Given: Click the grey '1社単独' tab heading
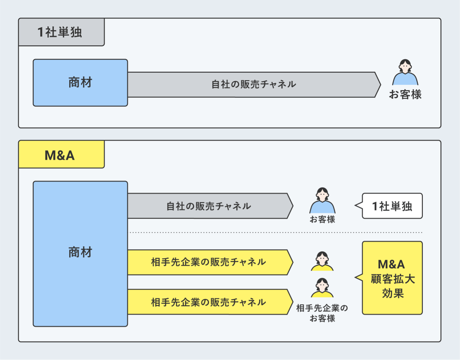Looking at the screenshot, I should coord(61,32).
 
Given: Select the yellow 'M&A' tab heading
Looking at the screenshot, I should coord(61,154).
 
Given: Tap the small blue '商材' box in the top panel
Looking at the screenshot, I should coord(80,83).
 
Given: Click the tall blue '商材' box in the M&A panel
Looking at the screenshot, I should coord(80,254).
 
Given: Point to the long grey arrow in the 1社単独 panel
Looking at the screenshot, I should coord(254,85).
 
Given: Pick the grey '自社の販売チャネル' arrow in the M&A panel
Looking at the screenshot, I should coord(209,206).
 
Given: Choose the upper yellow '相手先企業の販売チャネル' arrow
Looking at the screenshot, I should coord(209,262).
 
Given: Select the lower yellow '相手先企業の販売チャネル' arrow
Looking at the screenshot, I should coord(209,302).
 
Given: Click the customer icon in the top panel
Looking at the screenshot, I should coord(405,73).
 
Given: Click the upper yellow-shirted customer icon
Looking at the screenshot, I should coord(322,261).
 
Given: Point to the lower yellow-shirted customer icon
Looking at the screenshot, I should coord(322,288).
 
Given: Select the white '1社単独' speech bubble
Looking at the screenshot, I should coord(392,206).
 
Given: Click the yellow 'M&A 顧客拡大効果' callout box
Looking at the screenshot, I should coord(392,278).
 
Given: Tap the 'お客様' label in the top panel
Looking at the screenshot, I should coord(405,94).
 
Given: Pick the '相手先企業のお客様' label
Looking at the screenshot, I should coord(322,313).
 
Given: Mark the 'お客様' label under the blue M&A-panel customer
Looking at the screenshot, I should coord(322,219).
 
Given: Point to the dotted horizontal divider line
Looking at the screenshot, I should coord(275,233).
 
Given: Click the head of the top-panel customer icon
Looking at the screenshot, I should coord(405,65).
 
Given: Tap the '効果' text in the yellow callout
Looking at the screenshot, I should coord(393,293).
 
